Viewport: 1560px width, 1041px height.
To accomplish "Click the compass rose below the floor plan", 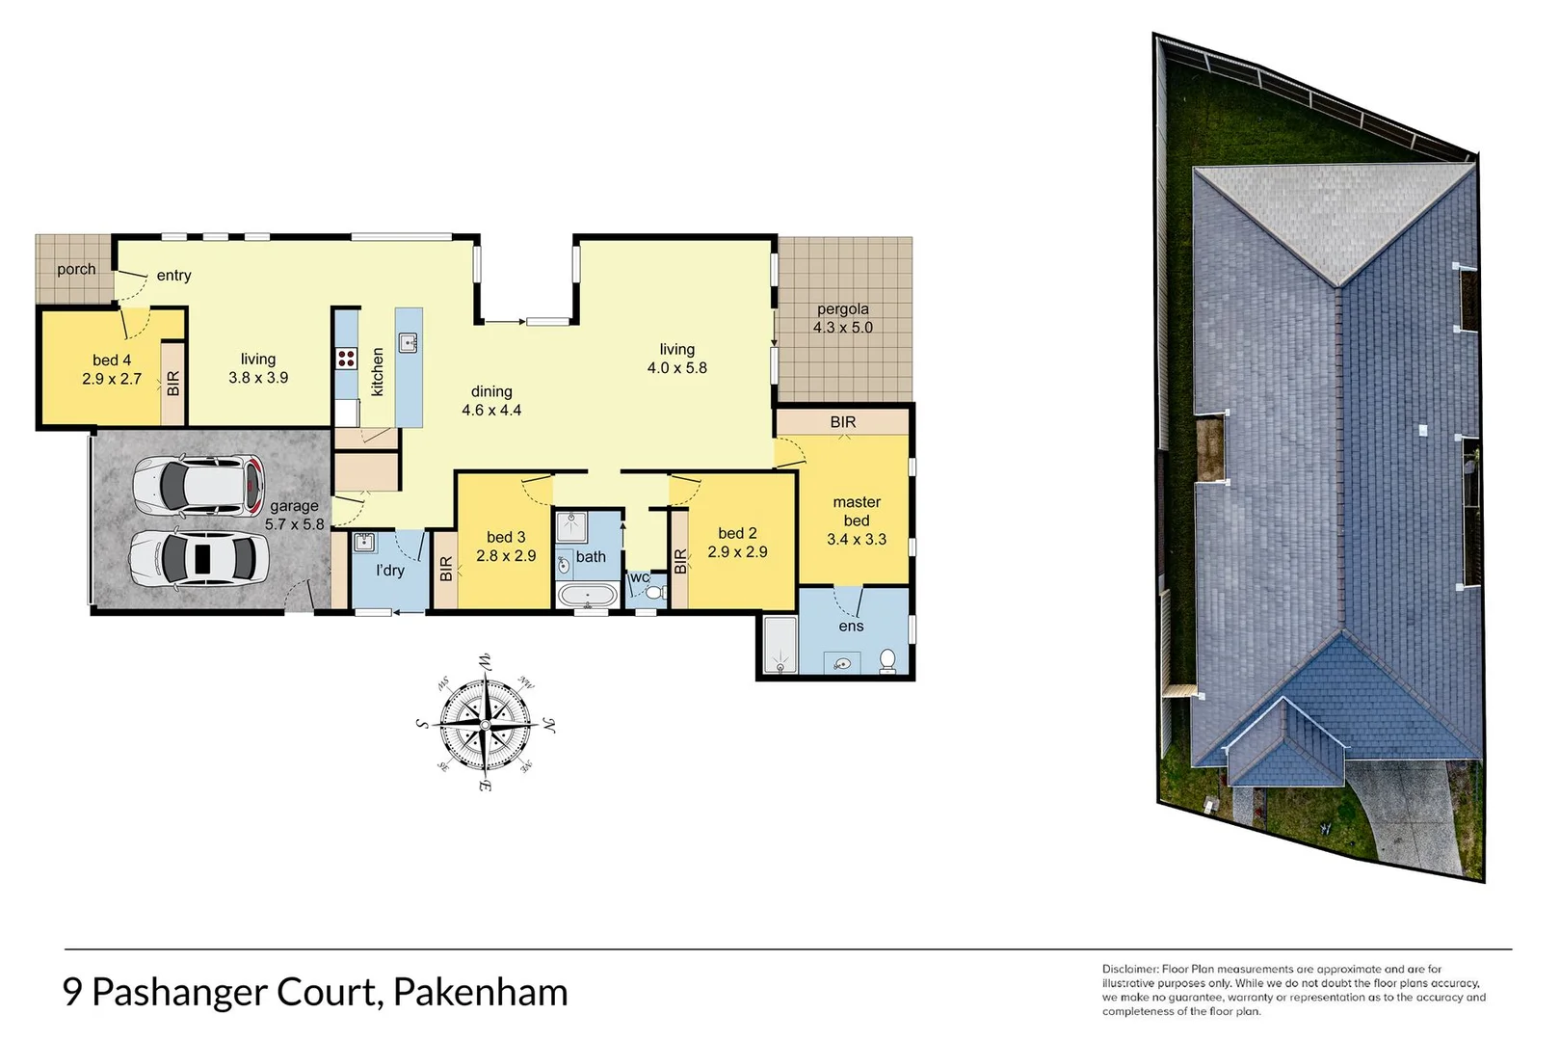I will pos(485,722).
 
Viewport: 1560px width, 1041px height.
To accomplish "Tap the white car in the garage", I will pos(199,557).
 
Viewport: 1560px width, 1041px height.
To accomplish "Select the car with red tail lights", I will pos(199,485).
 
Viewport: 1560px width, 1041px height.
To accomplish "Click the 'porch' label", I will pos(76,270).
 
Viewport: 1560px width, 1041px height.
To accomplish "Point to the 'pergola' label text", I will pos(842,309).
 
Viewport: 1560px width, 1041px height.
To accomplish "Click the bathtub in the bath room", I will pos(588,595).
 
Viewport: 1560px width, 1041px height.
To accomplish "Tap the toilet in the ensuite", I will pos(887,660).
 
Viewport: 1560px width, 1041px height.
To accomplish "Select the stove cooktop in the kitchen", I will pos(346,360).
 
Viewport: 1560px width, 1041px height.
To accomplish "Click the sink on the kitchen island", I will pos(409,342).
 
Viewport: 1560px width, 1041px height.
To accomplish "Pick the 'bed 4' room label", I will pos(112,360).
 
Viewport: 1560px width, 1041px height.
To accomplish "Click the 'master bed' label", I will pos(857,511).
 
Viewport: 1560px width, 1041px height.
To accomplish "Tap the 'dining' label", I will pos(491,391).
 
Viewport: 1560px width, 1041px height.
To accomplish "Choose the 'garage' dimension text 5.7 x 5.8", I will pos(295,524).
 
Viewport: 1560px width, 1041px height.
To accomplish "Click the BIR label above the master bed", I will pos(843,422).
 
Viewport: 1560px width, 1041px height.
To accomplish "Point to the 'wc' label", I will pos(639,578).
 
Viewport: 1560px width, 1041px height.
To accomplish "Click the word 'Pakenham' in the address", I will pos(480,992).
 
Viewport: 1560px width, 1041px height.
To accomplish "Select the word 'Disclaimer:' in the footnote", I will pos(1129,969).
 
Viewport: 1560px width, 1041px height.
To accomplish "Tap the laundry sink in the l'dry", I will pos(363,542).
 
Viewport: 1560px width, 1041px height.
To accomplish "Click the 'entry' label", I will pos(173,276).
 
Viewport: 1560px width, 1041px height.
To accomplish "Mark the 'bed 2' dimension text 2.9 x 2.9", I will pos(737,552).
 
